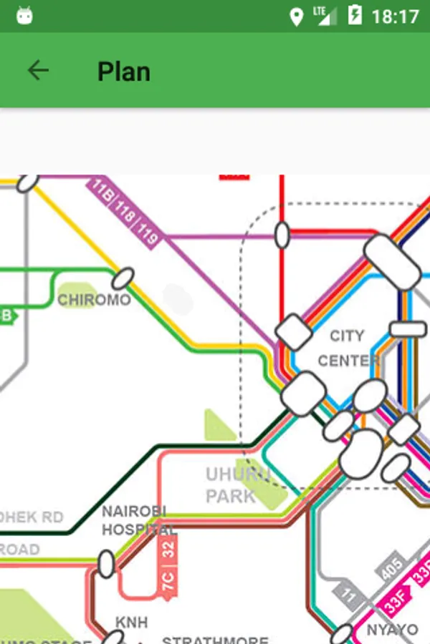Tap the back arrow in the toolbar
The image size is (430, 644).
point(38,70)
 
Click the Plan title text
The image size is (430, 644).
point(124,72)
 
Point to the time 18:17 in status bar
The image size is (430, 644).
point(395,16)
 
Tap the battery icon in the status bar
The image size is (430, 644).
point(355,15)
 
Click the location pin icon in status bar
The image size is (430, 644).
point(296,16)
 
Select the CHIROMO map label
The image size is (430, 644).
point(94,299)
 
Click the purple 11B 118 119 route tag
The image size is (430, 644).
point(124,213)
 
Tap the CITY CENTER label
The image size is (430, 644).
point(348,348)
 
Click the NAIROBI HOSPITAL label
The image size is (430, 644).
point(136,520)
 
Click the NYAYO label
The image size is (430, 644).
point(391,630)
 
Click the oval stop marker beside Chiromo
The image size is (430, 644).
point(123,278)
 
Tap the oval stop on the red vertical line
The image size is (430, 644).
point(282,235)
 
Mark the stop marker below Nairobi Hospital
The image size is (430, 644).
point(106,564)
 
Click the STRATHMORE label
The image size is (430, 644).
point(215,639)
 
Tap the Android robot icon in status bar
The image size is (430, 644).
point(25,16)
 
